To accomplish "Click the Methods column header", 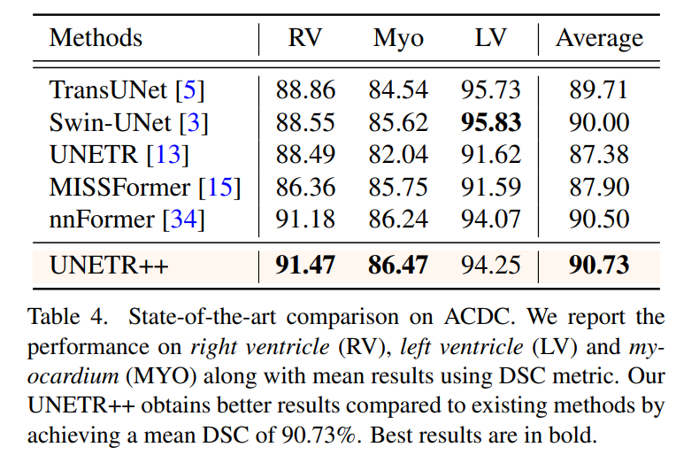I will [96, 38].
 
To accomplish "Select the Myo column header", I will [398, 38].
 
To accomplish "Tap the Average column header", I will [599, 38].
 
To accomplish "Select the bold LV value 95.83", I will [491, 122].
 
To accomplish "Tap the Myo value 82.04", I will [398, 154].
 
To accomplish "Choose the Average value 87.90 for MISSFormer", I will [599, 186].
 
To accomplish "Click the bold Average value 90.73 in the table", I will [599, 265].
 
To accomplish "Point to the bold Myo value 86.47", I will [398, 265].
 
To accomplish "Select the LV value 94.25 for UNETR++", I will [491, 265].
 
